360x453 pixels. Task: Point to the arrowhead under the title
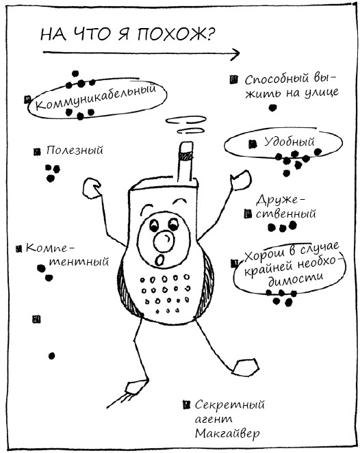coord(235,53)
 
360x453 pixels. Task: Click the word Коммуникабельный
coord(96,97)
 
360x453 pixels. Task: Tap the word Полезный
coord(75,151)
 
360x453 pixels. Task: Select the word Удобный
coord(290,142)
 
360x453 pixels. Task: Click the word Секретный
coord(230,405)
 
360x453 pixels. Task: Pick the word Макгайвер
coord(227,433)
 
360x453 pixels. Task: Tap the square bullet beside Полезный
coord(37,152)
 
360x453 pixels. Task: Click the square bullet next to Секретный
coord(187,404)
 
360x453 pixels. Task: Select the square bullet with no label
coord(36,320)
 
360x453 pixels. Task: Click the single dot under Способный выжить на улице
coord(272,108)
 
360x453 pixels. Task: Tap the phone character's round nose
coord(164,240)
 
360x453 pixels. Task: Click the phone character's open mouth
coord(159,260)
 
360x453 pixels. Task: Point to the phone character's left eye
coord(154,225)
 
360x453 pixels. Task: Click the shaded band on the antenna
coord(185,156)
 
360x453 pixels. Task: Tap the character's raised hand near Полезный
coord(92,188)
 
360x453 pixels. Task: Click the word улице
coord(322,92)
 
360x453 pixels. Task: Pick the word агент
coord(214,419)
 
